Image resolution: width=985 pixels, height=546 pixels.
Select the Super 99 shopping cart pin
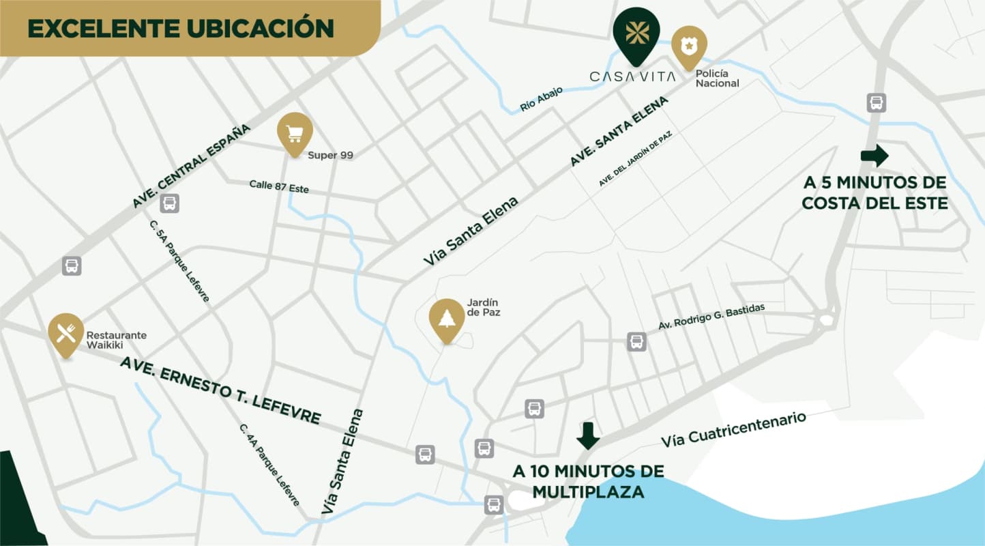(x=295, y=132)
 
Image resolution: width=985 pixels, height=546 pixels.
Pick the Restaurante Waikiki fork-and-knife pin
(x=66, y=333)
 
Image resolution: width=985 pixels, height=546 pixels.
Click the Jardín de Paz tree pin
(x=447, y=319)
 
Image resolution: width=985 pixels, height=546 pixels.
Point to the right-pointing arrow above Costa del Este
(x=874, y=156)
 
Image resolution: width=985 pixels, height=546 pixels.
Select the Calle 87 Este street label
(x=278, y=186)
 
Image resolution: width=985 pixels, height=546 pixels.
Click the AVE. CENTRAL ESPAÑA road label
(x=192, y=167)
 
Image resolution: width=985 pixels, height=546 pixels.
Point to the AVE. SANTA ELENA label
(x=619, y=131)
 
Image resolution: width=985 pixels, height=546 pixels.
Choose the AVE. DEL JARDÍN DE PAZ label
(x=636, y=159)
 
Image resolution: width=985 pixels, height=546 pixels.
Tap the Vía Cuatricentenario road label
(x=733, y=429)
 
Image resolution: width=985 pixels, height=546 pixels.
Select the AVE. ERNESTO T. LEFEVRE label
(x=220, y=390)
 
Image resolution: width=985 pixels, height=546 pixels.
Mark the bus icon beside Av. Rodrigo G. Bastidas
(x=636, y=341)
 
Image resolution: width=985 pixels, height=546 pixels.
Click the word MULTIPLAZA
(x=588, y=491)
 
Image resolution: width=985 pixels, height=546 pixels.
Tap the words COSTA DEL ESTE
(x=874, y=203)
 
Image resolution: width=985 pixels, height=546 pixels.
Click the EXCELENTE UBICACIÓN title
(x=181, y=28)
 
